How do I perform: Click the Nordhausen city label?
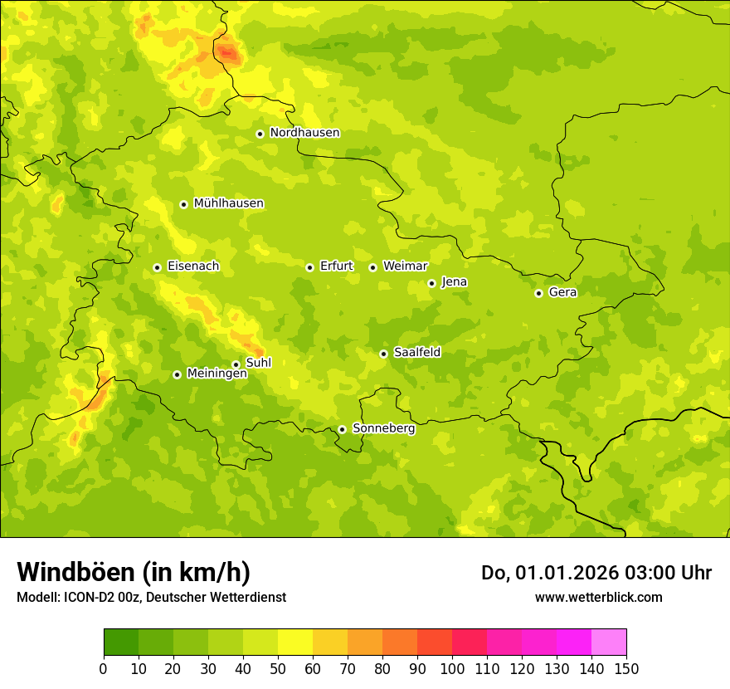pos(304,133)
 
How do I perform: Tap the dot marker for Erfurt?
pos(309,267)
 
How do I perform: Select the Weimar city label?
pos(405,266)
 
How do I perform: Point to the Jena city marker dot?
pos(431,283)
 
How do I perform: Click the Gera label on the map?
pos(562,292)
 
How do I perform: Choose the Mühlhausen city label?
pos(228,203)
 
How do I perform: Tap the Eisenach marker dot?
pos(157,267)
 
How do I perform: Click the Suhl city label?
pos(258,363)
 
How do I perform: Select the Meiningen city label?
pos(217,374)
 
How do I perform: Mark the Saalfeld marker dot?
pos(383,354)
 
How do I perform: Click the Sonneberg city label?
pos(383,428)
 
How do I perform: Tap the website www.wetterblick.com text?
pos(598,597)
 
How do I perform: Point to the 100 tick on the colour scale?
pos(452,669)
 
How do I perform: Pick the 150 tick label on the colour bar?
pos(626,669)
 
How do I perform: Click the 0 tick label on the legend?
pos(104,669)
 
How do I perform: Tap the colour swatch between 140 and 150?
pos(609,642)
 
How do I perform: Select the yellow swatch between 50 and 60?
pos(295,642)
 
